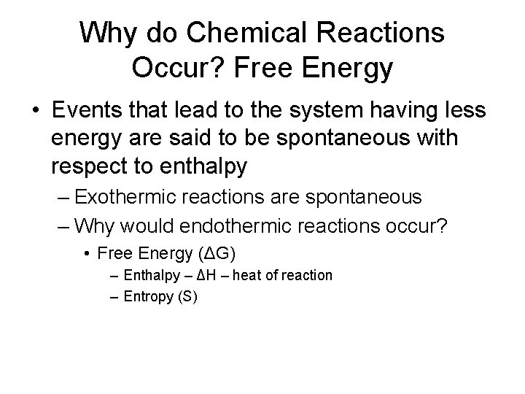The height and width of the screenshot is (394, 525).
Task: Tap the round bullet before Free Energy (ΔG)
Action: pos(87,254)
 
